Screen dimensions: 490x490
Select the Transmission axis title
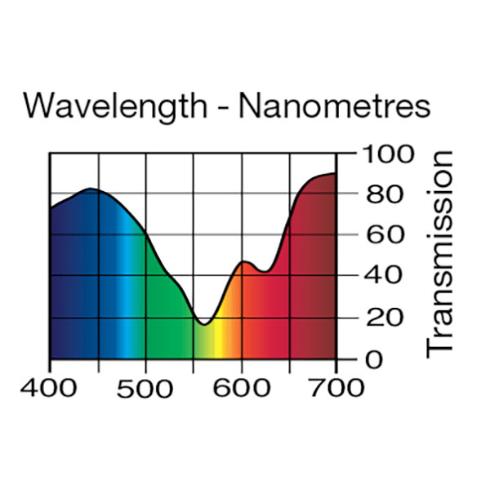[x=440, y=252]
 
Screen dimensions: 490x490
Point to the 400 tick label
[x=50, y=386]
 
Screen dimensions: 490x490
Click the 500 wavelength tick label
[x=145, y=386]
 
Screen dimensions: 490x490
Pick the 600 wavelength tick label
[x=241, y=386]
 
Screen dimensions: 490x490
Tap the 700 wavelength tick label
[x=336, y=386]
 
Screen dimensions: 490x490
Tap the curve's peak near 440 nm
[x=90, y=189]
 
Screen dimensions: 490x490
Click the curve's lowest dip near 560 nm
[x=204, y=324]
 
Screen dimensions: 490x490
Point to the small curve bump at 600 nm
[x=243, y=262]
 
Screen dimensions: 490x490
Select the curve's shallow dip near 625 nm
[x=265, y=271]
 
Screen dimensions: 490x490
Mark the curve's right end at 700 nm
[x=336, y=173]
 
